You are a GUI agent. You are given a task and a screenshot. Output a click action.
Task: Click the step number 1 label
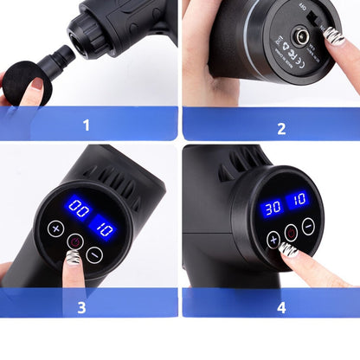coord(86,125)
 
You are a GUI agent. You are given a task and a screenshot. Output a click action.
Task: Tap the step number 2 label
coord(280,128)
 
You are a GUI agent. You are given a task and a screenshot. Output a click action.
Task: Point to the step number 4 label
coord(281,306)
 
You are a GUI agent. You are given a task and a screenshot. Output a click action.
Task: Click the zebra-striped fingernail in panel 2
coord(334,38)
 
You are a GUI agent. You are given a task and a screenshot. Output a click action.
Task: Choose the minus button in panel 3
coord(94,253)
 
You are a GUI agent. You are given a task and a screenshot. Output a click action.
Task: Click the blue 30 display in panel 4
coord(271,209)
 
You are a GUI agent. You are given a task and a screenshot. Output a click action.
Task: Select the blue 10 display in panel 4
coord(299,200)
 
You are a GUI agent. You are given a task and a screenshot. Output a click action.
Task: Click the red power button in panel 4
coord(292,232)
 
